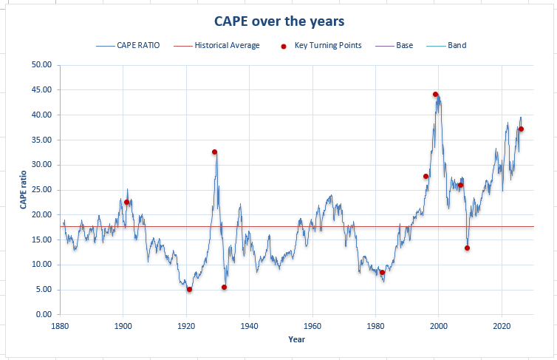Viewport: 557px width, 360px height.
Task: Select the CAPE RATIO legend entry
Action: [x=139, y=45]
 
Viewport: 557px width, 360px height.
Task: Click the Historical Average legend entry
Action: [x=227, y=45]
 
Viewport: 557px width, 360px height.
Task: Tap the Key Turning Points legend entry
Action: [x=327, y=45]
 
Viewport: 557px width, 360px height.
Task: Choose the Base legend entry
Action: [x=404, y=45]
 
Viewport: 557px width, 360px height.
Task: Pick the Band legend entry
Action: [x=457, y=45]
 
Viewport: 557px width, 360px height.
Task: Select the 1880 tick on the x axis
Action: [x=60, y=325]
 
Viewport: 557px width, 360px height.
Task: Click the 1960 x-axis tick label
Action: [x=312, y=325]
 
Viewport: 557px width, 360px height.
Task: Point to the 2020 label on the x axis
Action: [x=502, y=325]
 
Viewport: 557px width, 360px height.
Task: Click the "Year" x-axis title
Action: [x=296, y=339]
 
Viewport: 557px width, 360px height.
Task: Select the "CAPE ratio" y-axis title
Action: [x=24, y=190]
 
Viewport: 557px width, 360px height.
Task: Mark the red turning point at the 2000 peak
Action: [x=435, y=95]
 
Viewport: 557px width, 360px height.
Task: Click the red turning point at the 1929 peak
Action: [x=215, y=152]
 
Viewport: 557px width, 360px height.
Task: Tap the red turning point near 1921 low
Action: [x=189, y=289]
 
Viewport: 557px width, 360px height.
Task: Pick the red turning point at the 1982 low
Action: [x=382, y=272]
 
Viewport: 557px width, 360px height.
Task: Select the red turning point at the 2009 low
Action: [x=467, y=248]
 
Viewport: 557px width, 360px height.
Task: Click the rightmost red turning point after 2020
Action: [x=521, y=129]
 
